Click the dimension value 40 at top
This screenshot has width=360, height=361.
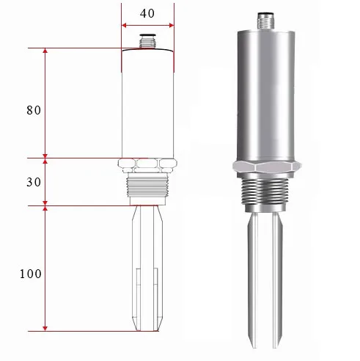[x=147, y=12]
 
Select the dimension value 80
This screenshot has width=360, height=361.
[x=33, y=110]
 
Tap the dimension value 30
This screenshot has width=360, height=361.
[x=33, y=182]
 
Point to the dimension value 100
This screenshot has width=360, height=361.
[x=31, y=274]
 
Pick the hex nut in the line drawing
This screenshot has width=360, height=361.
[x=147, y=162]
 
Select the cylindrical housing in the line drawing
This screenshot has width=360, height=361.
[x=147, y=103]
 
